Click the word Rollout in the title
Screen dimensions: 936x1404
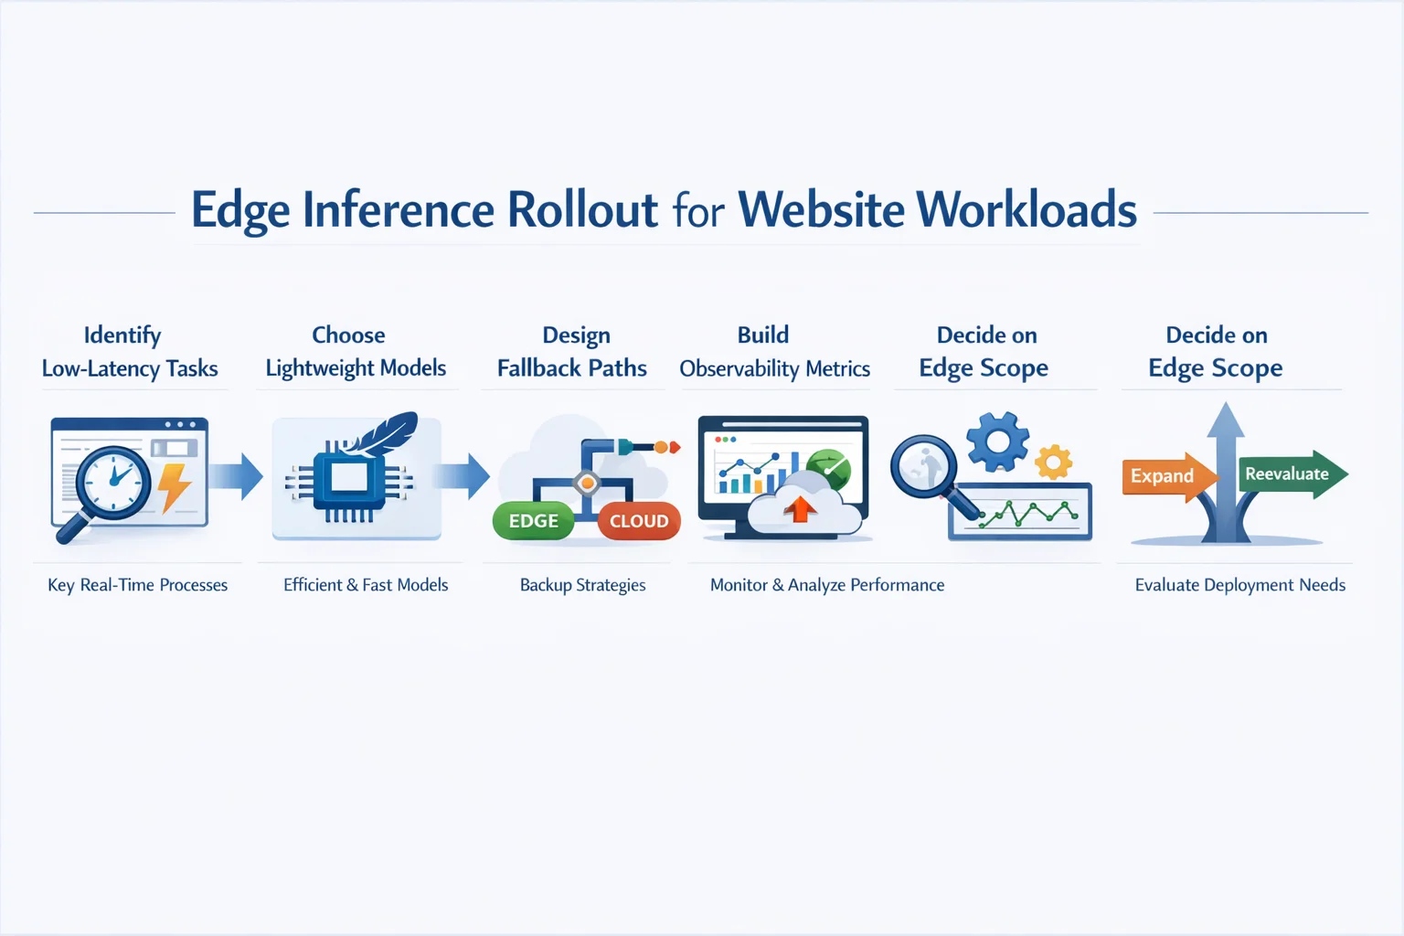(582, 210)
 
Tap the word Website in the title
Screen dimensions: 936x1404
(821, 210)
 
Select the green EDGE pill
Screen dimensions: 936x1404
(533, 521)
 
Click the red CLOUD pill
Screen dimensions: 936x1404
(639, 521)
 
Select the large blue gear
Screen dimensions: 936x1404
(997, 441)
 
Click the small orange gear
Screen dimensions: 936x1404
(1053, 462)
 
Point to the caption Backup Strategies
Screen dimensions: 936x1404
(582, 585)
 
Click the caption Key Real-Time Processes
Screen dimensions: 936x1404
(137, 585)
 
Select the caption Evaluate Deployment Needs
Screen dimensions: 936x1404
(1239, 585)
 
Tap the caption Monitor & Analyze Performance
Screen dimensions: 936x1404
(827, 585)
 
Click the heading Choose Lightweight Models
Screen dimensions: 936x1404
(355, 352)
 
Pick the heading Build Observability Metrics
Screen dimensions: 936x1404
(774, 352)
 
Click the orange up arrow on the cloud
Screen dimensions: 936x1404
(800, 508)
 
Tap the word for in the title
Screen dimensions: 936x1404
(698, 212)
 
